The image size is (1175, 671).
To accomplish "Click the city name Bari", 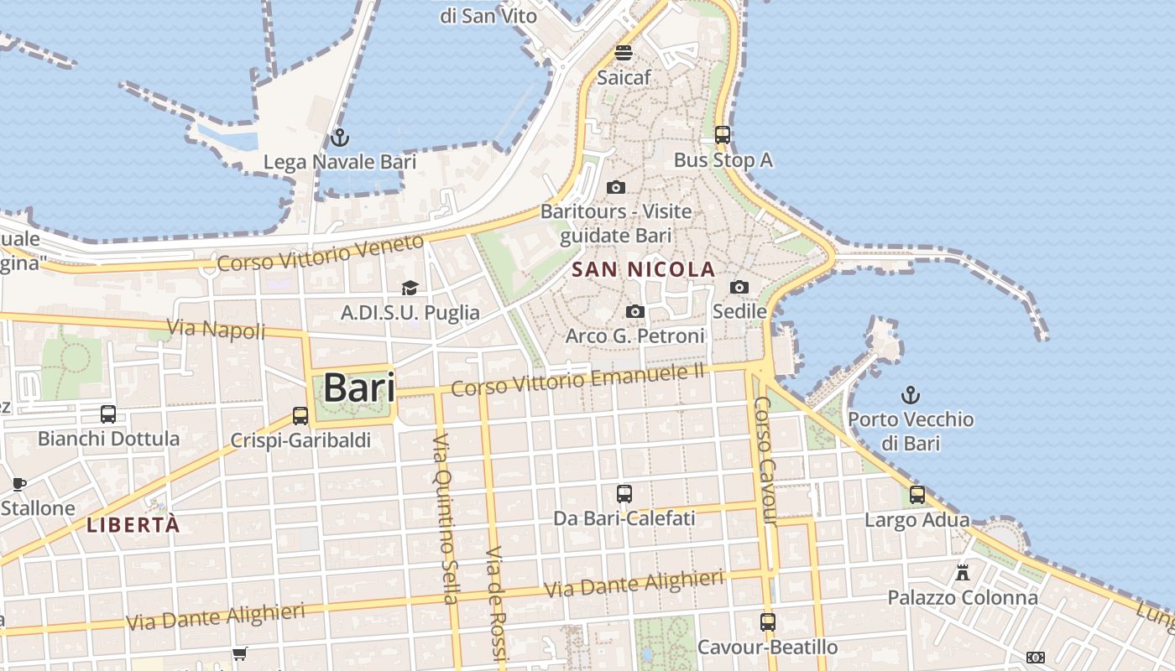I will pos(358,388).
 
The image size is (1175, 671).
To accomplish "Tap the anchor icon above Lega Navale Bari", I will pos(340,137).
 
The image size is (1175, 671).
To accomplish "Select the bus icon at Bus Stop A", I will pos(723,134).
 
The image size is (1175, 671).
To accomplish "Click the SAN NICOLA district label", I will pos(643,269).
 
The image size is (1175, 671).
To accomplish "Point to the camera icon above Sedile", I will pos(739,287).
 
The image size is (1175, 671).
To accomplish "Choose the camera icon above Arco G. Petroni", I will pos(635,311).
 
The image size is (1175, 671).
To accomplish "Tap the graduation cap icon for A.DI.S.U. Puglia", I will pos(410,289).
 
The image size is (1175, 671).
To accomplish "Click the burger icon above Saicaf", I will pos(623,53).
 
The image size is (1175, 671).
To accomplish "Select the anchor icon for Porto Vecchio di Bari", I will pos(911,394).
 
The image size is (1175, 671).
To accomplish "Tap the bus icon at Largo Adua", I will pos(917,495).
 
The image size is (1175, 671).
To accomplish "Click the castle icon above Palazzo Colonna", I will pos(963,573).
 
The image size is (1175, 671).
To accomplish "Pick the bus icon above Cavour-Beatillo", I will pos(768,622).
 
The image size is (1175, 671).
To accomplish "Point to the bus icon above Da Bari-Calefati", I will pos(624,493).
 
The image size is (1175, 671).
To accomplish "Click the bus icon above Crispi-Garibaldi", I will pos(300,415).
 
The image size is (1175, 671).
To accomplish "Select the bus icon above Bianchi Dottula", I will pos(108,414).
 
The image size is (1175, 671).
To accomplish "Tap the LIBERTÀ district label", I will pos(133,525).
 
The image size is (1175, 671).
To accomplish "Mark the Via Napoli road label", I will pos(216,330).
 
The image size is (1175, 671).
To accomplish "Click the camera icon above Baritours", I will pos(616,186).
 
